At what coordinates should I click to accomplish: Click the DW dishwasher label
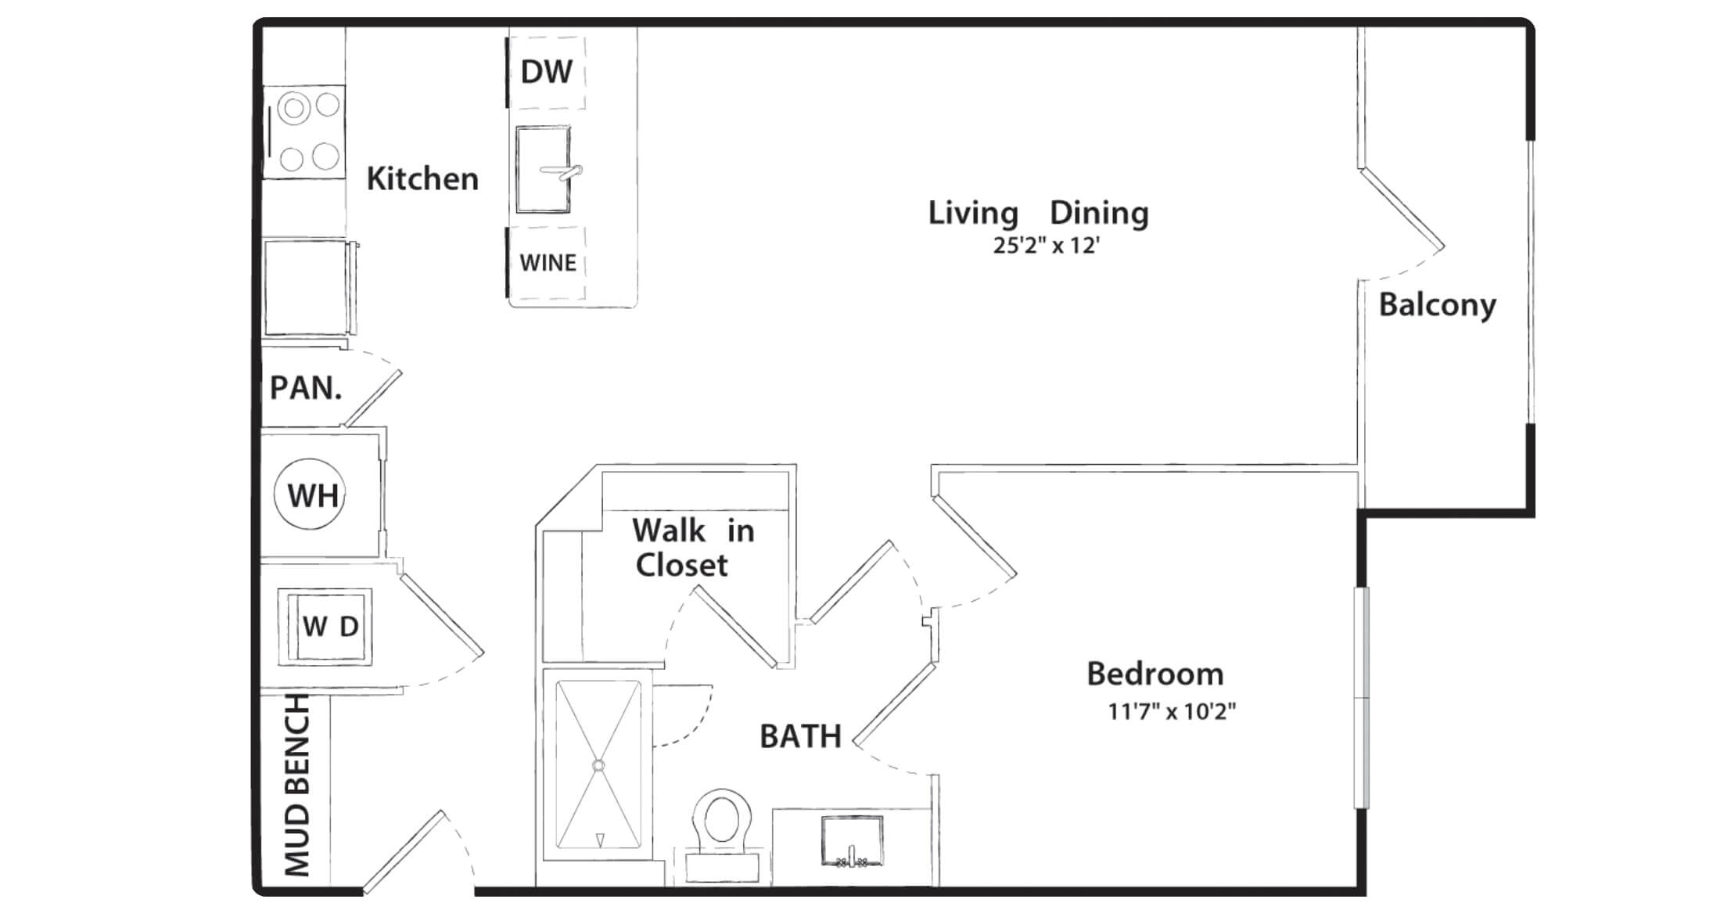[547, 72]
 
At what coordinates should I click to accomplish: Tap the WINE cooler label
[548, 263]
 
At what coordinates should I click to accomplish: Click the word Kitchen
[422, 178]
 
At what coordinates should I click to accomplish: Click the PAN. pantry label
[306, 388]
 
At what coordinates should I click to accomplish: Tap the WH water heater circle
[311, 494]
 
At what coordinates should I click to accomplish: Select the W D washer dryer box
[325, 626]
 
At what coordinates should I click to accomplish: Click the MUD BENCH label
[297, 785]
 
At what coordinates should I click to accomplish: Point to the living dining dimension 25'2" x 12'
[1047, 246]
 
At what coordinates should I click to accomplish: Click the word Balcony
[1437, 305]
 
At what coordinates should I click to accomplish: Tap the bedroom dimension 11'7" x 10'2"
[1172, 711]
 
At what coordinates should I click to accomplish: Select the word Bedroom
[1155, 674]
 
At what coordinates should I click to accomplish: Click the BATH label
[800, 736]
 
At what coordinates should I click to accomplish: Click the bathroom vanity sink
[852, 841]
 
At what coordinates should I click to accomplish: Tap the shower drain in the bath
[599, 765]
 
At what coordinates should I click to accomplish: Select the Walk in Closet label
[693, 548]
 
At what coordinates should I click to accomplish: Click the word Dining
[1099, 214]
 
